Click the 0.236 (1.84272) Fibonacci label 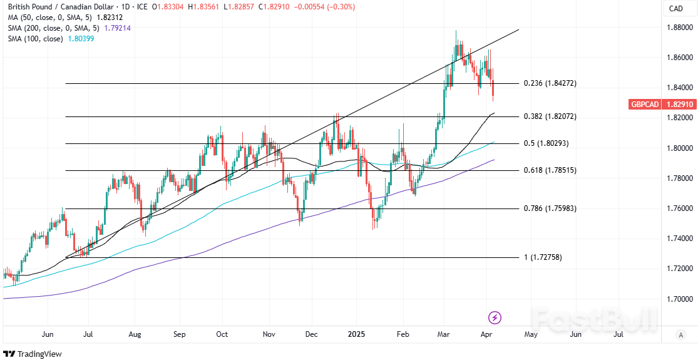[550, 83]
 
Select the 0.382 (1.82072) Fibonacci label [550, 116]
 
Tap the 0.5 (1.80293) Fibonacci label [546, 143]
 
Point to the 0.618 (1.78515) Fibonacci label [550, 170]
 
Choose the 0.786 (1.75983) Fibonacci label [550, 208]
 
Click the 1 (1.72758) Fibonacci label [542, 257]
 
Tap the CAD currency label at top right [675, 8]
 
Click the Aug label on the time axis [135, 334]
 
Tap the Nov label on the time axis [269, 334]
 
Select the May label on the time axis [530, 334]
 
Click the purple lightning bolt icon [495, 317]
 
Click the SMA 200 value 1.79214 [121, 28]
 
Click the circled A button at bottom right [680, 335]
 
